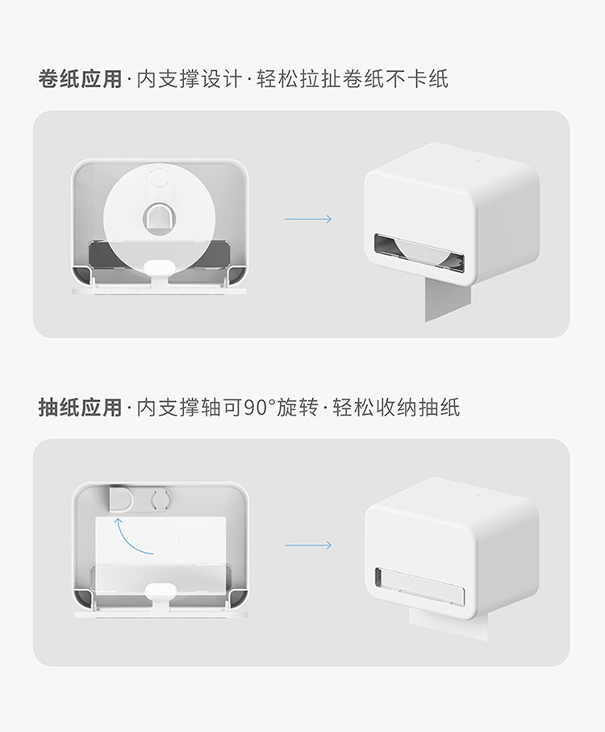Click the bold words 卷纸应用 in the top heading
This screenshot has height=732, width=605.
(80, 79)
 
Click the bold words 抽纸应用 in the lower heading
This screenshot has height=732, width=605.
(80, 408)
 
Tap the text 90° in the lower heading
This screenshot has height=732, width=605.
(259, 408)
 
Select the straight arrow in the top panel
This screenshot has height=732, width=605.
(307, 219)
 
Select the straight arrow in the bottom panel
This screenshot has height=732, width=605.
(307, 545)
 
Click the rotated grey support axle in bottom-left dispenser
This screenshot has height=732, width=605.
(121, 499)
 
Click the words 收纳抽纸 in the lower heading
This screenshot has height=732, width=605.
(421, 408)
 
